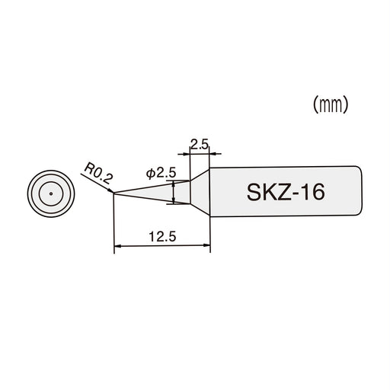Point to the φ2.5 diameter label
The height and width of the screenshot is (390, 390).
(160, 174)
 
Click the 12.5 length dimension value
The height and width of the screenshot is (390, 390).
(161, 237)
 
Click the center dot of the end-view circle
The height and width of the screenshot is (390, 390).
(50, 193)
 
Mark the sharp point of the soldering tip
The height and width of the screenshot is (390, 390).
(113, 193)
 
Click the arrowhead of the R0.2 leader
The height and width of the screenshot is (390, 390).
(111, 190)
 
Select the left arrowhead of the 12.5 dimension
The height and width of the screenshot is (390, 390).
(117, 247)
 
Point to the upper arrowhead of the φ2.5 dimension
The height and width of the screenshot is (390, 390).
(175, 183)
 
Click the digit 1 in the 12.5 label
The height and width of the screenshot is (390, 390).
(152, 237)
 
